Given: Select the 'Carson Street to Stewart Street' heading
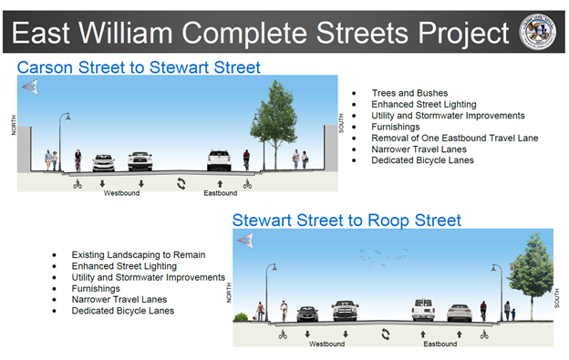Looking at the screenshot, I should [x=139, y=67].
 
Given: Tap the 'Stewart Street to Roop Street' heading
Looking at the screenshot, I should [x=347, y=221].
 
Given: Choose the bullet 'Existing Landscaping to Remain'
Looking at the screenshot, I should [x=139, y=255].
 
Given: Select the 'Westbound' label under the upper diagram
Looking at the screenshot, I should [x=121, y=193].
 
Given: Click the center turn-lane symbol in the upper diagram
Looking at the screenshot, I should [x=181, y=184].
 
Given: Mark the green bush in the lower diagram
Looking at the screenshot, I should [x=242, y=317].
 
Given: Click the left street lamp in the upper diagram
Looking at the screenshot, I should [x=65, y=137].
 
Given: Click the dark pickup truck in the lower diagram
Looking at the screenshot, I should [x=345, y=311].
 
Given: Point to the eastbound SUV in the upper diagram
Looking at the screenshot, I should [x=219, y=160].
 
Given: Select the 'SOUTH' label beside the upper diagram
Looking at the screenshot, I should [x=342, y=124].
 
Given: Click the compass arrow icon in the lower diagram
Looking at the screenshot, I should [x=244, y=241].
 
